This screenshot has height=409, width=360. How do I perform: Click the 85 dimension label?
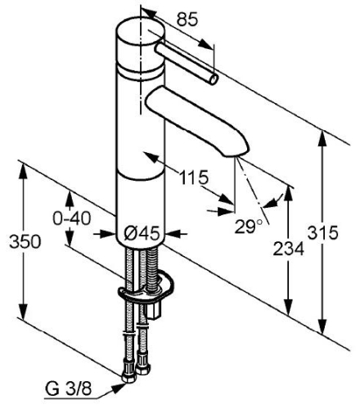(x=187, y=20)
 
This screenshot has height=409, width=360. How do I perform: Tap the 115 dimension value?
(x=194, y=178)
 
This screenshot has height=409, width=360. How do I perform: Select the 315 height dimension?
(x=323, y=233)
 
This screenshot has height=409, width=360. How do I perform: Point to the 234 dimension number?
(x=289, y=249)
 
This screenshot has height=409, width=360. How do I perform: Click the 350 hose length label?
(x=25, y=241)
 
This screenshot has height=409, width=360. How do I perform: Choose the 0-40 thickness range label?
(x=72, y=218)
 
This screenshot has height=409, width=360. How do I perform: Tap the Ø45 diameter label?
(x=142, y=234)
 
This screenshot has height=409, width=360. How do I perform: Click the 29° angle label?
(x=249, y=226)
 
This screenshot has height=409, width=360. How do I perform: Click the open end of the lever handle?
(x=214, y=79)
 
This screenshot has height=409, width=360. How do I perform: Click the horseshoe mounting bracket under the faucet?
(x=146, y=289)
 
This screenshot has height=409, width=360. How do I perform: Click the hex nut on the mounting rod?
(x=155, y=312)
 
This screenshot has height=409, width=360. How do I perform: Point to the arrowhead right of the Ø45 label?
(x=173, y=234)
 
